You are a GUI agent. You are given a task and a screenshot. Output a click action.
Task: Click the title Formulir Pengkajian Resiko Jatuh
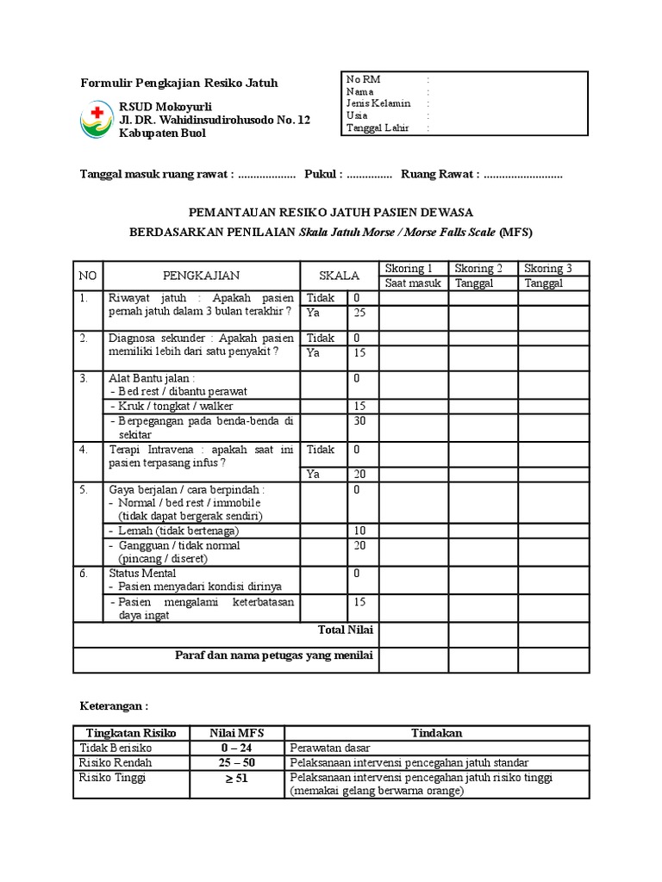click(179, 84)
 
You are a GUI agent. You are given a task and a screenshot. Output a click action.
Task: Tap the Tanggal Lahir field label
click(378, 127)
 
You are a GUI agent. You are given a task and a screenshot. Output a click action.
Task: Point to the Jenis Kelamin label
click(378, 103)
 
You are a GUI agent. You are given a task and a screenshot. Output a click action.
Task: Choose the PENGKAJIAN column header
click(201, 276)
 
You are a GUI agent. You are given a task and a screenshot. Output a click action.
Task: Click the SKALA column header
click(340, 276)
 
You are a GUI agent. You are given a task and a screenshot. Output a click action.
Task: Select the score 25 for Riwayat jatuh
click(359, 313)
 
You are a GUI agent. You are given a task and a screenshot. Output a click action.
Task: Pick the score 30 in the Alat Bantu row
click(359, 421)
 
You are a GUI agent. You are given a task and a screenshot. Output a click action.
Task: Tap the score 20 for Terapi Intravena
click(359, 475)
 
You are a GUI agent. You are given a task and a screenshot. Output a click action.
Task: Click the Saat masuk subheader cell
click(413, 283)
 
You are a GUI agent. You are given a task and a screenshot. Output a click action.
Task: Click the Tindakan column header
click(436, 733)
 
